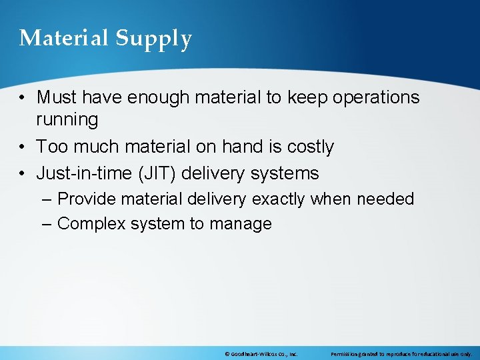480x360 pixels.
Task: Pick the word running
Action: tap(67, 120)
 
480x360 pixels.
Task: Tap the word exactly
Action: tap(273, 199)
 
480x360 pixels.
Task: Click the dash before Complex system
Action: tap(45, 224)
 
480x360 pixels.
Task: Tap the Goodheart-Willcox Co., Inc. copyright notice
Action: tap(261, 354)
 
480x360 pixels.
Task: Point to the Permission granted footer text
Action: tap(401, 354)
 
